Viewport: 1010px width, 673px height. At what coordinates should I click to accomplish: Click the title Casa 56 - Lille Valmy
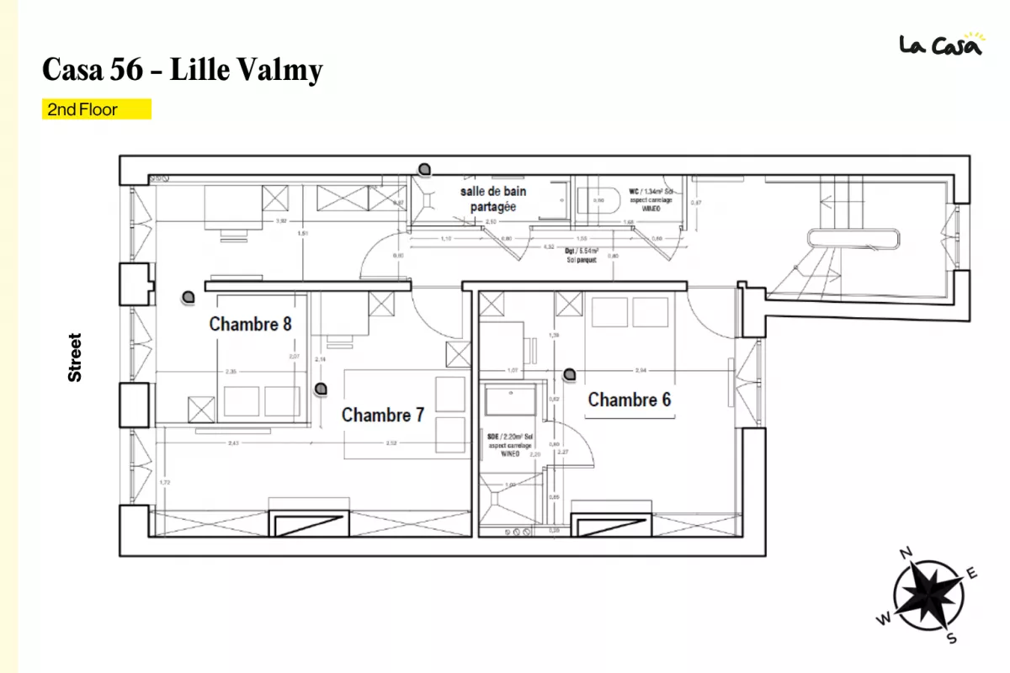(x=182, y=70)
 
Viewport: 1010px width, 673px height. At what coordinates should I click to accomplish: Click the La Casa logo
(x=940, y=44)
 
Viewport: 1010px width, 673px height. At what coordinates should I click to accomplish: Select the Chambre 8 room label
(x=250, y=324)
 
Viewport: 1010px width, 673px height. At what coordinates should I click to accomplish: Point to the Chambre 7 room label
(x=382, y=415)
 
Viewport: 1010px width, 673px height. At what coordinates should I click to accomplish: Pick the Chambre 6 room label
(x=629, y=400)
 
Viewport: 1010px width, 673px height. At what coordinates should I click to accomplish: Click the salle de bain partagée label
(x=492, y=199)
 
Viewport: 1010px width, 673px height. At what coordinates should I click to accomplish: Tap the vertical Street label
(x=75, y=358)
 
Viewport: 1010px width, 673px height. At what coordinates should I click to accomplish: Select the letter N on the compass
(x=906, y=554)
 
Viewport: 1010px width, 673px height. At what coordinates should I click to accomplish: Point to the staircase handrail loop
(x=853, y=238)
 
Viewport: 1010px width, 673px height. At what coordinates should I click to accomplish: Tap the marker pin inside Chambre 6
(x=570, y=374)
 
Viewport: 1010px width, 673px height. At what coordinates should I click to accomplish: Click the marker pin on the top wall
(x=427, y=168)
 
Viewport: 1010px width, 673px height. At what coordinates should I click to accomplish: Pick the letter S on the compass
(x=952, y=638)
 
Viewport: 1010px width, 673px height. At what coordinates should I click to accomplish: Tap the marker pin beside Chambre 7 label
(x=320, y=389)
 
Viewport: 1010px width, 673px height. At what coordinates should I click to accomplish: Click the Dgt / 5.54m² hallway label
(x=582, y=255)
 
